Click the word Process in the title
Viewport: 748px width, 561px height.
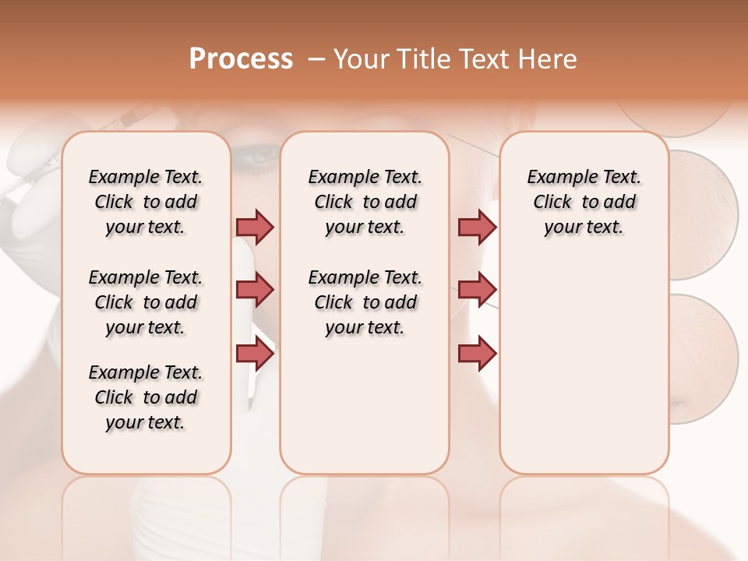[x=241, y=59]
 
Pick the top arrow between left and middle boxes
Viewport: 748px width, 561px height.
[x=255, y=227]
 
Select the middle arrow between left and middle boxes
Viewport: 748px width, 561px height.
[x=255, y=291]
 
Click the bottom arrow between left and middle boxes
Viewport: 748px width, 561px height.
[x=255, y=355]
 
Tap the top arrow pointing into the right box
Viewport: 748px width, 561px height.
[x=477, y=227]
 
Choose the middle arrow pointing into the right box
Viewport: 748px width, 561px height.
[x=477, y=291]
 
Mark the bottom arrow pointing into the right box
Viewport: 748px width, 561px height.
[x=477, y=355]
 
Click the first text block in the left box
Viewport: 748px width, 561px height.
[x=146, y=202]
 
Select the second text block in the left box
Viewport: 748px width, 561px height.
[x=146, y=302]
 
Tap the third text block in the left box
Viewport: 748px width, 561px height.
[x=146, y=397]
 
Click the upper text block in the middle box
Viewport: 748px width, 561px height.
[x=365, y=202]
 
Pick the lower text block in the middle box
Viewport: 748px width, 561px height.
[x=365, y=302]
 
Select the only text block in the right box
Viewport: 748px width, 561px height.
[x=584, y=202]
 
